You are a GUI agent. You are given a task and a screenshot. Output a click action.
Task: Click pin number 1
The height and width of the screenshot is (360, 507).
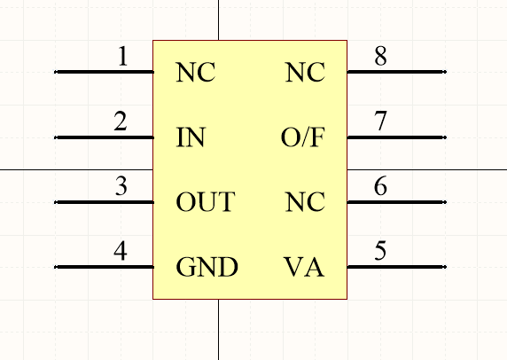click(x=123, y=56)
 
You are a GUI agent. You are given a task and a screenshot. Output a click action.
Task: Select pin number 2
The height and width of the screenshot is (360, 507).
click(x=121, y=121)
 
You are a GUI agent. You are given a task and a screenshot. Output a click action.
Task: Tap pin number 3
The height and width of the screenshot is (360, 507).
click(x=121, y=186)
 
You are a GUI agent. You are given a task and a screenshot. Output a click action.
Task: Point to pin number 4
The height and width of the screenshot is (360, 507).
click(x=121, y=251)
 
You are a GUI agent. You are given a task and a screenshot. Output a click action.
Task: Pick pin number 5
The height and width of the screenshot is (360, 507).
click(x=380, y=251)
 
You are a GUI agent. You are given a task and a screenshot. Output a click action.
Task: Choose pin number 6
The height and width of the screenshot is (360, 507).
click(x=380, y=186)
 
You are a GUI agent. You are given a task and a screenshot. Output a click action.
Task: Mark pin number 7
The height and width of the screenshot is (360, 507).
click(x=380, y=121)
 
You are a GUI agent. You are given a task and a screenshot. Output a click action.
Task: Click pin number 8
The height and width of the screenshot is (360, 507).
click(x=380, y=56)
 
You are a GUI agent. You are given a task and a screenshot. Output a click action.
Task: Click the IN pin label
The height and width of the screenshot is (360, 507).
click(x=191, y=137)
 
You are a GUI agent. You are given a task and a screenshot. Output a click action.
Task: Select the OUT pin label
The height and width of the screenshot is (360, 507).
click(x=205, y=202)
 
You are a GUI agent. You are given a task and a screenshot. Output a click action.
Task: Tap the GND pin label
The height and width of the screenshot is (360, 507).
click(x=207, y=267)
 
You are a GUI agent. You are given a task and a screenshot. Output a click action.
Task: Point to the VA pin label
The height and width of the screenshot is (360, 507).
click(x=304, y=267)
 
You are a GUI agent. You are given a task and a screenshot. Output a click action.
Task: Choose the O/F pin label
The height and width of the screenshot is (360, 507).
click(x=303, y=137)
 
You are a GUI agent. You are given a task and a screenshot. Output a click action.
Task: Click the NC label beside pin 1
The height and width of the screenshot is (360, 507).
click(x=196, y=72)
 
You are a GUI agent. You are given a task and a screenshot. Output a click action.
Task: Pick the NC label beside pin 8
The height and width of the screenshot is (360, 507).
click(x=305, y=72)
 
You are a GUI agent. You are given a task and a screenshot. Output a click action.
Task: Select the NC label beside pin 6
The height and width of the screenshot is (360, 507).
click(x=305, y=202)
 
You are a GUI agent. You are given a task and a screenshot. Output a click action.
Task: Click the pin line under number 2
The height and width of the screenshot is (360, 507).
click(x=104, y=137)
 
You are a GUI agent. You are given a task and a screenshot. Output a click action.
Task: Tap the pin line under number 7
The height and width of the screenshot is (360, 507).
click(x=397, y=137)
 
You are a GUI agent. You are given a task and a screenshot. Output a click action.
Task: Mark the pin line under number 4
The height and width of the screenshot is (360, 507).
click(x=104, y=267)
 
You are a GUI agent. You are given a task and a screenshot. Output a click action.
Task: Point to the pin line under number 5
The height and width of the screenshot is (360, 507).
click(x=397, y=267)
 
